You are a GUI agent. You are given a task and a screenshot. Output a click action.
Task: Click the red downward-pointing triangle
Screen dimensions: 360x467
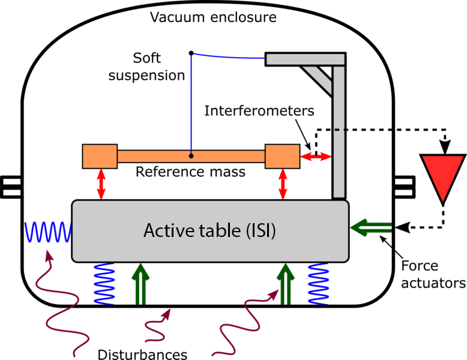click(443, 174)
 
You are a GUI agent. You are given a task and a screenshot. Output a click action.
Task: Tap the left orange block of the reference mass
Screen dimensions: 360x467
click(99, 156)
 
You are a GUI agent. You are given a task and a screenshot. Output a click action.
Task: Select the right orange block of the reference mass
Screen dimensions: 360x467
click(282, 156)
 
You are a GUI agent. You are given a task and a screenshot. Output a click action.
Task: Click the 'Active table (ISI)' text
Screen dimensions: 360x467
click(209, 230)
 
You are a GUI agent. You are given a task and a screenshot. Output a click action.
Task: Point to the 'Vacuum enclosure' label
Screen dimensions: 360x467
click(213, 17)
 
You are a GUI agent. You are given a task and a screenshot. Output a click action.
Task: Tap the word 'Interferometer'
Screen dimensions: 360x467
click(256, 111)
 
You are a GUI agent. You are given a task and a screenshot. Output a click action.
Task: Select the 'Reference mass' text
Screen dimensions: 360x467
click(190, 172)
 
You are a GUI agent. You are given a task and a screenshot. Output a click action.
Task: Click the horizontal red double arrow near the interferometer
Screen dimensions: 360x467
click(316, 157)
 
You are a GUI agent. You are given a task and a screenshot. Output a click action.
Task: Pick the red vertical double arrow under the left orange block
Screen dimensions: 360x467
click(101, 184)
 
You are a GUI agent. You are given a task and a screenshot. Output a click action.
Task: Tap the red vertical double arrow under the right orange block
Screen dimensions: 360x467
click(282, 184)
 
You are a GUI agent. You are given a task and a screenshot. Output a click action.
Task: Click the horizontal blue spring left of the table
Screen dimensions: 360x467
click(47, 231)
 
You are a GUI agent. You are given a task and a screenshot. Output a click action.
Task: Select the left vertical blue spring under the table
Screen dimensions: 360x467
click(104, 283)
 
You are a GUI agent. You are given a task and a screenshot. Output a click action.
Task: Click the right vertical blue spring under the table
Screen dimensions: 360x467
click(318, 283)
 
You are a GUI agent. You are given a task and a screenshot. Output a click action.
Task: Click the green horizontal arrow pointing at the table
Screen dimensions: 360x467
click(370, 228)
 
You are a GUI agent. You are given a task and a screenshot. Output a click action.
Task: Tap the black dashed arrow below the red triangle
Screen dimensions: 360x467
click(420, 227)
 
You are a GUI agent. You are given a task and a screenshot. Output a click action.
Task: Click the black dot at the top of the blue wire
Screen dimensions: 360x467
click(191, 53)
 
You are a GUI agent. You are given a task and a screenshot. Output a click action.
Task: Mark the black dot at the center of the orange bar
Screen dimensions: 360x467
click(191, 156)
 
